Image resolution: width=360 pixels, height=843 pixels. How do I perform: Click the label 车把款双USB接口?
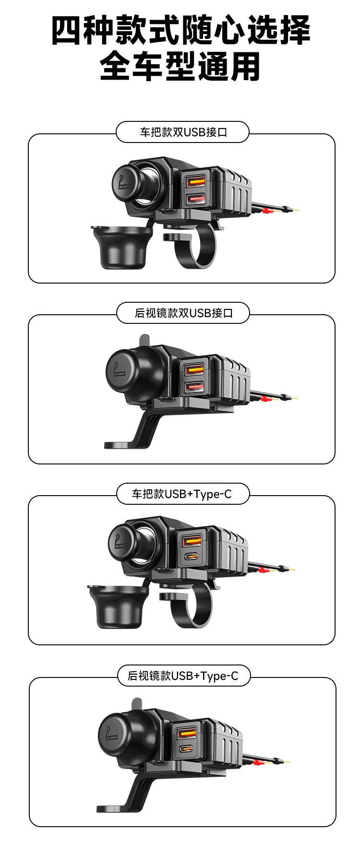click(182, 132)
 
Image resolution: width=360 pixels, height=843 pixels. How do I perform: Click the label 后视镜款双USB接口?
click(183, 313)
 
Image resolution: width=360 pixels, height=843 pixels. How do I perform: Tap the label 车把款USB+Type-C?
click(182, 494)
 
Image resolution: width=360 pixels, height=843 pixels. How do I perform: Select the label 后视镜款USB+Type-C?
click(183, 676)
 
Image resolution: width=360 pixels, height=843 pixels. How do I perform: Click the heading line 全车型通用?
click(180, 66)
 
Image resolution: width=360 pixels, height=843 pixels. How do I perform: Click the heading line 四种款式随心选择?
click(180, 30)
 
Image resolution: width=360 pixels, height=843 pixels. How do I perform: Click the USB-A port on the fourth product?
click(187, 733)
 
